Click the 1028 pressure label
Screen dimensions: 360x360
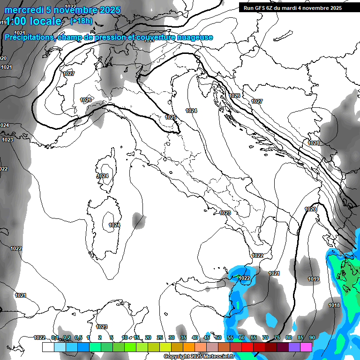tap(314, 143)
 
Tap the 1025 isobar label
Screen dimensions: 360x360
tap(171, 117)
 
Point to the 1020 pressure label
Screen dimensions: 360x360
tap(310, 209)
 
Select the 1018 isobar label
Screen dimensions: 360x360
tap(334, 306)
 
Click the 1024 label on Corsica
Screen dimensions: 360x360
tap(103, 176)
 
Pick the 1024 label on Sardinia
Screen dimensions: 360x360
tap(114, 225)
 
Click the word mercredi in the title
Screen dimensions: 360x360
tap(23, 10)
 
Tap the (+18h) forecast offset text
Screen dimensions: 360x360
tap(81, 21)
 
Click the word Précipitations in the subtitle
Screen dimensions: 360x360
tap(29, 37)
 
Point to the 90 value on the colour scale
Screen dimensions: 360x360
tap(312, 337)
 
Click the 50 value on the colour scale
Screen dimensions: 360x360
tap(218, 337)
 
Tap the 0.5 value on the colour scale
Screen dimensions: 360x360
tap(79, 337)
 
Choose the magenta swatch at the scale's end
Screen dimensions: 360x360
tap(306, 347)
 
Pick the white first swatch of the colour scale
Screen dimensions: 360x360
tap(48, 347)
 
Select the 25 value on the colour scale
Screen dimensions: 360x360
tap(160, 337)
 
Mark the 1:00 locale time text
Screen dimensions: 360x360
tap(33, 21)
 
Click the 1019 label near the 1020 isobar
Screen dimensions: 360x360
tap(314, 279)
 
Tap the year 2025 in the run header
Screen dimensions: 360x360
tap(335, 8)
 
